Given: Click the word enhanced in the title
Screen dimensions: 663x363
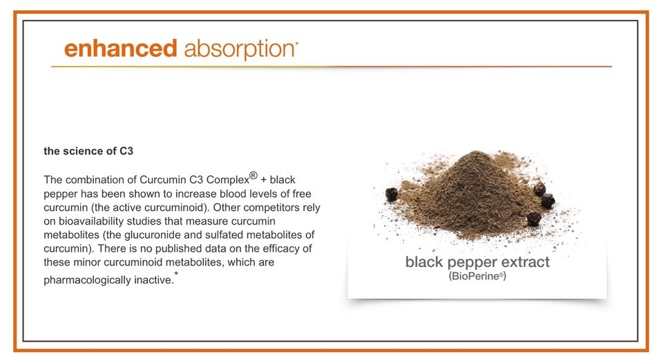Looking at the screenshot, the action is [120, 48].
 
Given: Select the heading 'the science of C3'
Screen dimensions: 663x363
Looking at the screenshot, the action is [88, 151].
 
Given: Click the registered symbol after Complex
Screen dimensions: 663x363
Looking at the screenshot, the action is [253, 176].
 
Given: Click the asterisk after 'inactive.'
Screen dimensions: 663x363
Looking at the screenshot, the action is [176, 274].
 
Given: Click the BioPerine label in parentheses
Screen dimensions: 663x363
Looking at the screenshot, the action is [477, 277].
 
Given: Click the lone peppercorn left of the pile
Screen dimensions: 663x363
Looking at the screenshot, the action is [392, 194].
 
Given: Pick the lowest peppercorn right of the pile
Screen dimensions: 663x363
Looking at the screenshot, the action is [534, 218].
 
